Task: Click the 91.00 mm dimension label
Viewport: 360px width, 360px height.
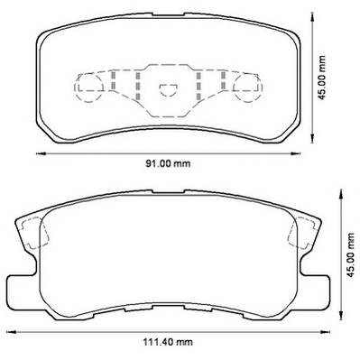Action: point(168,164)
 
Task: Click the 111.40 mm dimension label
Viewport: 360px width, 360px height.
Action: point(167,342)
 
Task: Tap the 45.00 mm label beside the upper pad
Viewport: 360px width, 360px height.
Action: point(322,78)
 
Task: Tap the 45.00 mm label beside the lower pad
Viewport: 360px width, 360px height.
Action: point(351,255)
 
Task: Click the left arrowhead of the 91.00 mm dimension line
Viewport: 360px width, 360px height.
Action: point(41,154)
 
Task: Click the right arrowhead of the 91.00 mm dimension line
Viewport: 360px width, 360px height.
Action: point(295,154)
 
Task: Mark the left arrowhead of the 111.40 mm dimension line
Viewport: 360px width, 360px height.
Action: point(11,332)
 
